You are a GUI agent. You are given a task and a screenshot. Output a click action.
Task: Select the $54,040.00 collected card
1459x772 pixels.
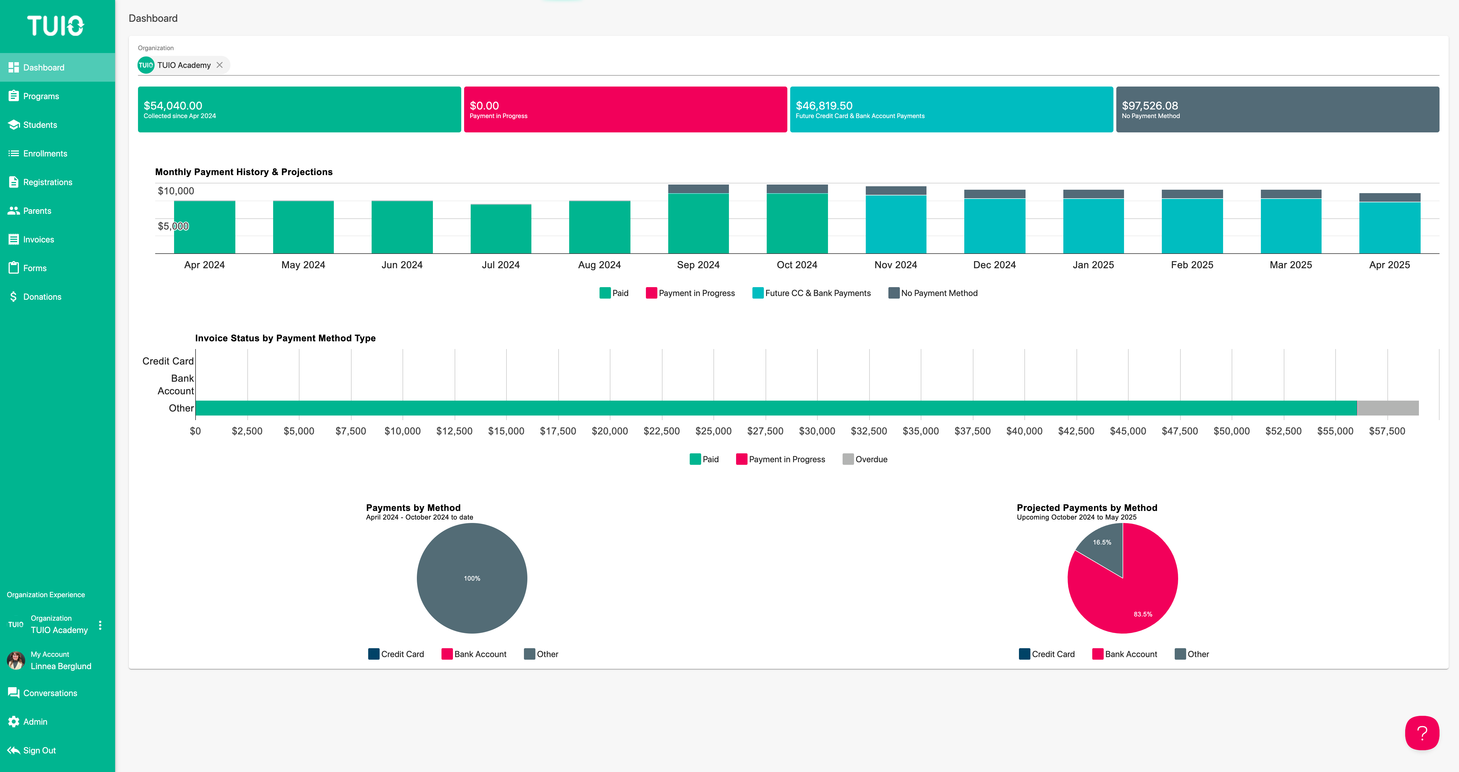coord(299,109)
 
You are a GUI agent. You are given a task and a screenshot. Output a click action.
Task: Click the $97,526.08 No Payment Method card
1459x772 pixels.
coord(1277,109)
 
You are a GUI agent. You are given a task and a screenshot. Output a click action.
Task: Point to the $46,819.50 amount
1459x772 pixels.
coord(824,105)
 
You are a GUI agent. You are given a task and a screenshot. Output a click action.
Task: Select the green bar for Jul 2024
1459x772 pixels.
coord(501,229)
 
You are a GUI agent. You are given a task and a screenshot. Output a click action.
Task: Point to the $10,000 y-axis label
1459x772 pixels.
coord(176,191)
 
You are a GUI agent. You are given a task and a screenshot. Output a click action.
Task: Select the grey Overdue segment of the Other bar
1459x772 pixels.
coord(1388,408)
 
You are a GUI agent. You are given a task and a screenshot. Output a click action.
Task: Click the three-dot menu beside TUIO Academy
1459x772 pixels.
coord(100,625)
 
